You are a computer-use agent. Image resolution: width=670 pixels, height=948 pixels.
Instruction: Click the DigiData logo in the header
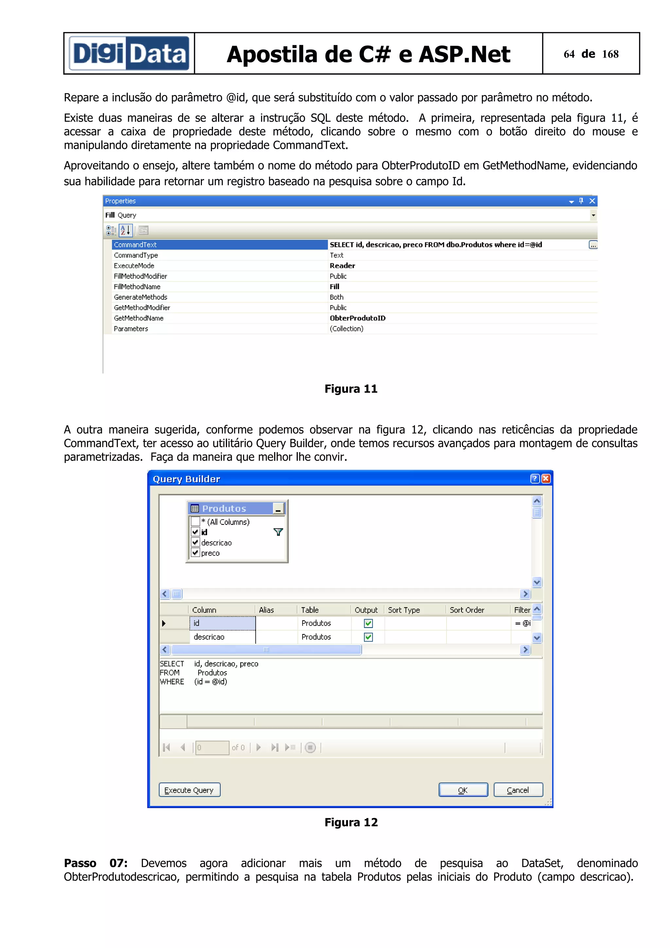129,54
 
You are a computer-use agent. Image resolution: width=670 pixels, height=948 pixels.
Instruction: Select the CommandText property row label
135,245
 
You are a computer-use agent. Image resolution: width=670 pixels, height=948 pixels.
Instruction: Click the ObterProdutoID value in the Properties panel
358,318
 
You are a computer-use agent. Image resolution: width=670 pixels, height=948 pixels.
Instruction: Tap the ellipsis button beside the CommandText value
593,245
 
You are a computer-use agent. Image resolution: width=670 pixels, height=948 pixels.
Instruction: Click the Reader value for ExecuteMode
342,266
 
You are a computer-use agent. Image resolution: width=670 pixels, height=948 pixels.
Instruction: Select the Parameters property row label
131,329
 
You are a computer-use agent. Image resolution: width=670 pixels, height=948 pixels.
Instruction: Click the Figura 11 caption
351,389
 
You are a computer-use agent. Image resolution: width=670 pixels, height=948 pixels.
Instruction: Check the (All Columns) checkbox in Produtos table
196,521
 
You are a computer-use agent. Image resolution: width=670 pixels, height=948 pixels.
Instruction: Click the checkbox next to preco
196,553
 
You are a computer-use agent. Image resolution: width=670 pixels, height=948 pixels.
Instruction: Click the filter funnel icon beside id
278,532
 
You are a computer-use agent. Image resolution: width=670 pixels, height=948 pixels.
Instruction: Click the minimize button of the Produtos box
278,509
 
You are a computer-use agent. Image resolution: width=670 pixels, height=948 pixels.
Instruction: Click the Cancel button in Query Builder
518,790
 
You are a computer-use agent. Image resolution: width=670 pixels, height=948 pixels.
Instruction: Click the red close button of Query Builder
546,479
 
